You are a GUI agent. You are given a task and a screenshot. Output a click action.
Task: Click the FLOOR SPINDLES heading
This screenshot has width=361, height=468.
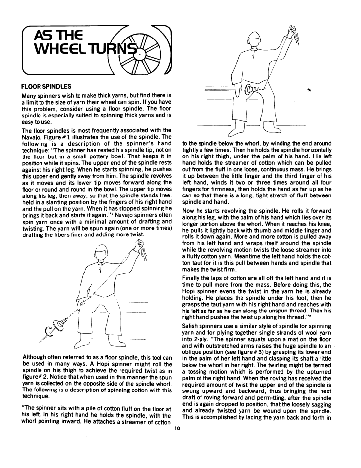click(x=47, y=86)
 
